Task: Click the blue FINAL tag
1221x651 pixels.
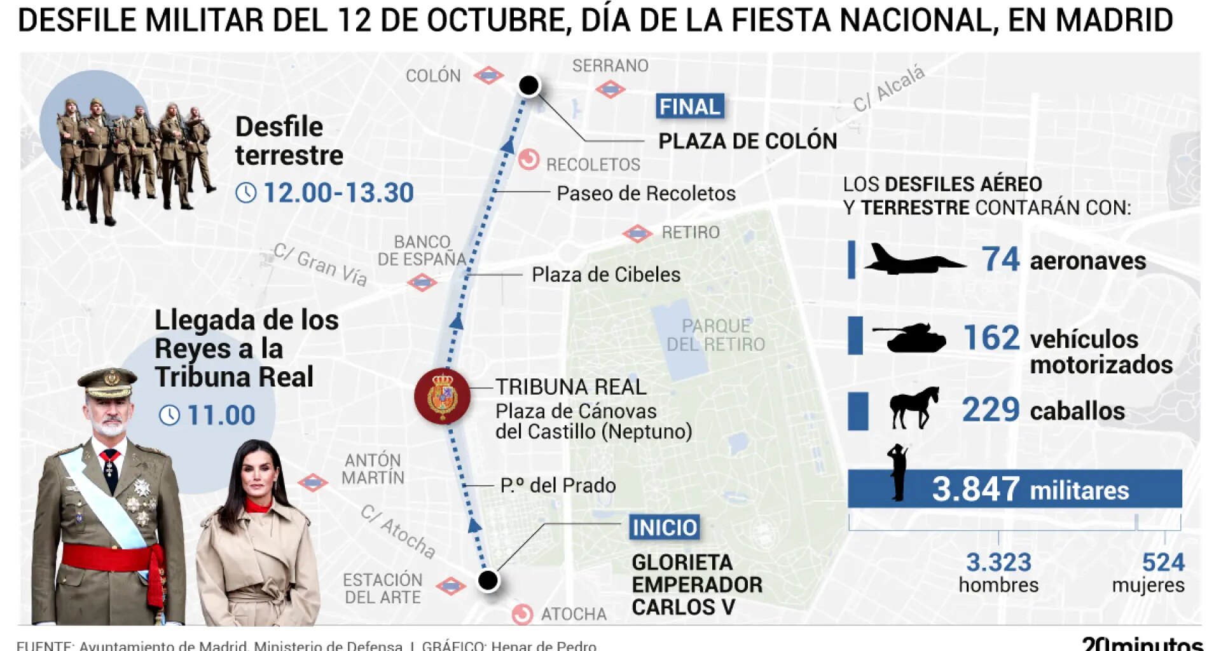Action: pos(690,107)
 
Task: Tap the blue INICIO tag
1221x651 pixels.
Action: pos(665,527)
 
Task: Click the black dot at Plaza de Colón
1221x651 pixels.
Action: pos(528,85)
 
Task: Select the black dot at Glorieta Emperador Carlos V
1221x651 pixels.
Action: pos(488,580)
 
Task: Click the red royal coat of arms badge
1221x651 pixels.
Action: pos(443,397)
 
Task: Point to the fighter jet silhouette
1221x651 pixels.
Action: pos(913,260)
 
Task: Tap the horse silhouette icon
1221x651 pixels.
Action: pos(914,408)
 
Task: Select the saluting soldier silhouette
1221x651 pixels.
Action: pos(897,472)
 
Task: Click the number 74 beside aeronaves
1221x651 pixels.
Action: pos(1000,259)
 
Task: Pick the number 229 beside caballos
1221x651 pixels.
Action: pos(990,410)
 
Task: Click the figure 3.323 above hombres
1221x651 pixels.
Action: pos(998,562)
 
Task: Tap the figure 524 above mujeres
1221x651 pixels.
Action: pos(1163,562)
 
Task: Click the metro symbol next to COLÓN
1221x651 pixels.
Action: pos(488,76)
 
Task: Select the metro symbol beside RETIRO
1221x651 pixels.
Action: pos(637,233)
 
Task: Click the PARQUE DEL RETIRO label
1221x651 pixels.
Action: pos(715,335)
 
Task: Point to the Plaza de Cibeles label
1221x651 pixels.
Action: pos(605,275)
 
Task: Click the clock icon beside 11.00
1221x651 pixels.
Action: pos(169,415)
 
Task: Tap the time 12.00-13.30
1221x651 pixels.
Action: pos(338,193)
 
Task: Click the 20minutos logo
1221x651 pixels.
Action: pos(1142,643)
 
